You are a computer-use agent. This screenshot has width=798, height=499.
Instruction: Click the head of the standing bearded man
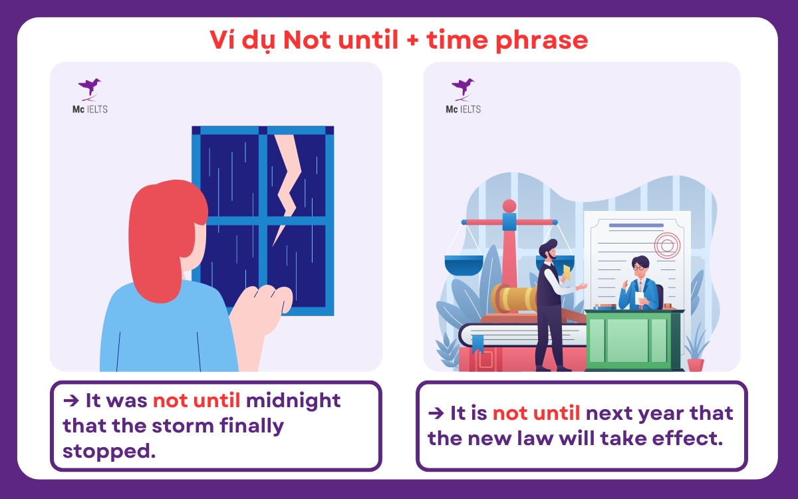548,251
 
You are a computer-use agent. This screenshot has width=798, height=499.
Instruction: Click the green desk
632,339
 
